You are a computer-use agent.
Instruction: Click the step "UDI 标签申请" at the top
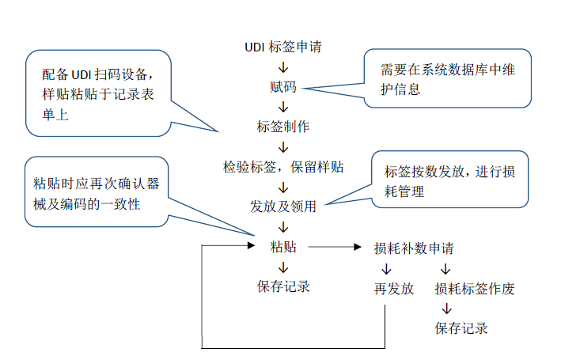pyautogui.click(x=282, y=46)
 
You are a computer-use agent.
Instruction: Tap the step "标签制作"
pyautogui.click(x=282, y=126)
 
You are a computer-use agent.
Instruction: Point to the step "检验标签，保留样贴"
pyautogui.click(x=282, y=167)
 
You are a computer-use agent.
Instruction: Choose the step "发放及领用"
pyautogui.click(x=282, y=207)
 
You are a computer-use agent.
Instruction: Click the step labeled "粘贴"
pyautogui.click(x=282, y=247)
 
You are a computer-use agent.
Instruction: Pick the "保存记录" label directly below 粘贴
pyautogui.click(x=283, y=286)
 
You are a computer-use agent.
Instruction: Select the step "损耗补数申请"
pyautogui.click(x=414, y=248)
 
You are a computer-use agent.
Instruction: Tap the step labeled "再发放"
pyautogui.click(x=394, y=289)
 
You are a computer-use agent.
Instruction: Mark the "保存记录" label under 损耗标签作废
pyautogui.click(x=461, y=328)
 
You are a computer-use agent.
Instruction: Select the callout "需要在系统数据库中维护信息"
pyautogui.click(x=446, y=79)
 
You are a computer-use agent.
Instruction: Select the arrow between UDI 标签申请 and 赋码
pyautogui.click(x=283, y=66)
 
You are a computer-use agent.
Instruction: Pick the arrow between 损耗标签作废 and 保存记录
pyautogui.click(x=447, y=309)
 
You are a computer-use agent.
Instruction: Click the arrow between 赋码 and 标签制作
pyautogui.click(x=283, y=106)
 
